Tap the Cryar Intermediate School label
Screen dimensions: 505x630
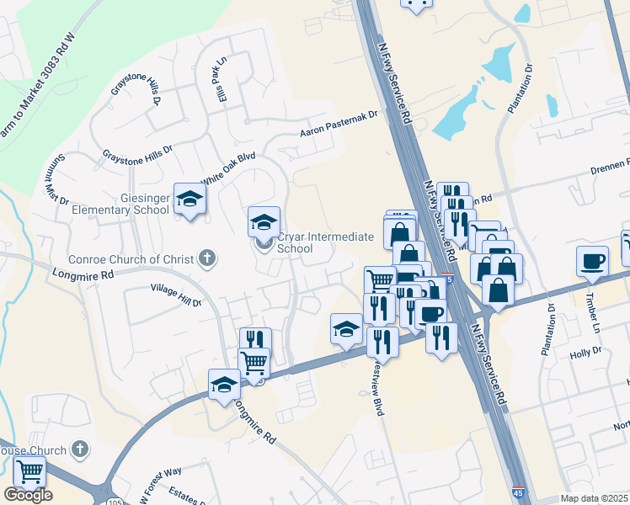pos(324,242)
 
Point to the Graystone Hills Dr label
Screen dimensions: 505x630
pos(136,152)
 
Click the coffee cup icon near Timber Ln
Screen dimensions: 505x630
pos(592,260)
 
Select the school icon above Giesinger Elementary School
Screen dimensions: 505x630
pos(190,199)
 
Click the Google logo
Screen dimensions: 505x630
pos(28,495)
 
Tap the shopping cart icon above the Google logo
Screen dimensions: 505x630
pos(29,472)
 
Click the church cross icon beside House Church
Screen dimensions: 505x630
pos(80,450)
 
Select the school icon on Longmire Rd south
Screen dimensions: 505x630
pos(224,384)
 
